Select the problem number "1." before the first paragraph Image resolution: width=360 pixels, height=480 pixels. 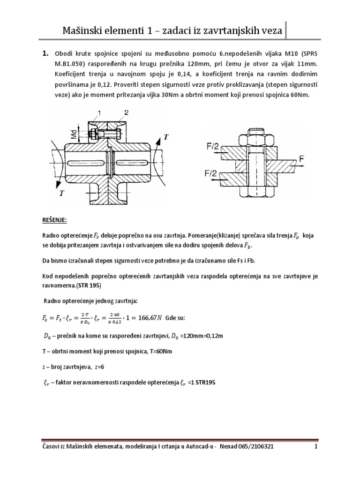(46, 54)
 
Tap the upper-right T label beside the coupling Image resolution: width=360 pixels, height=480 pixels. (165, 137)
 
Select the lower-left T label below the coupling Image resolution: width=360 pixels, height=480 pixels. (60, 193)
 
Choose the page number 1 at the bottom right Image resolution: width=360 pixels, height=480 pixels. (316, 460)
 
